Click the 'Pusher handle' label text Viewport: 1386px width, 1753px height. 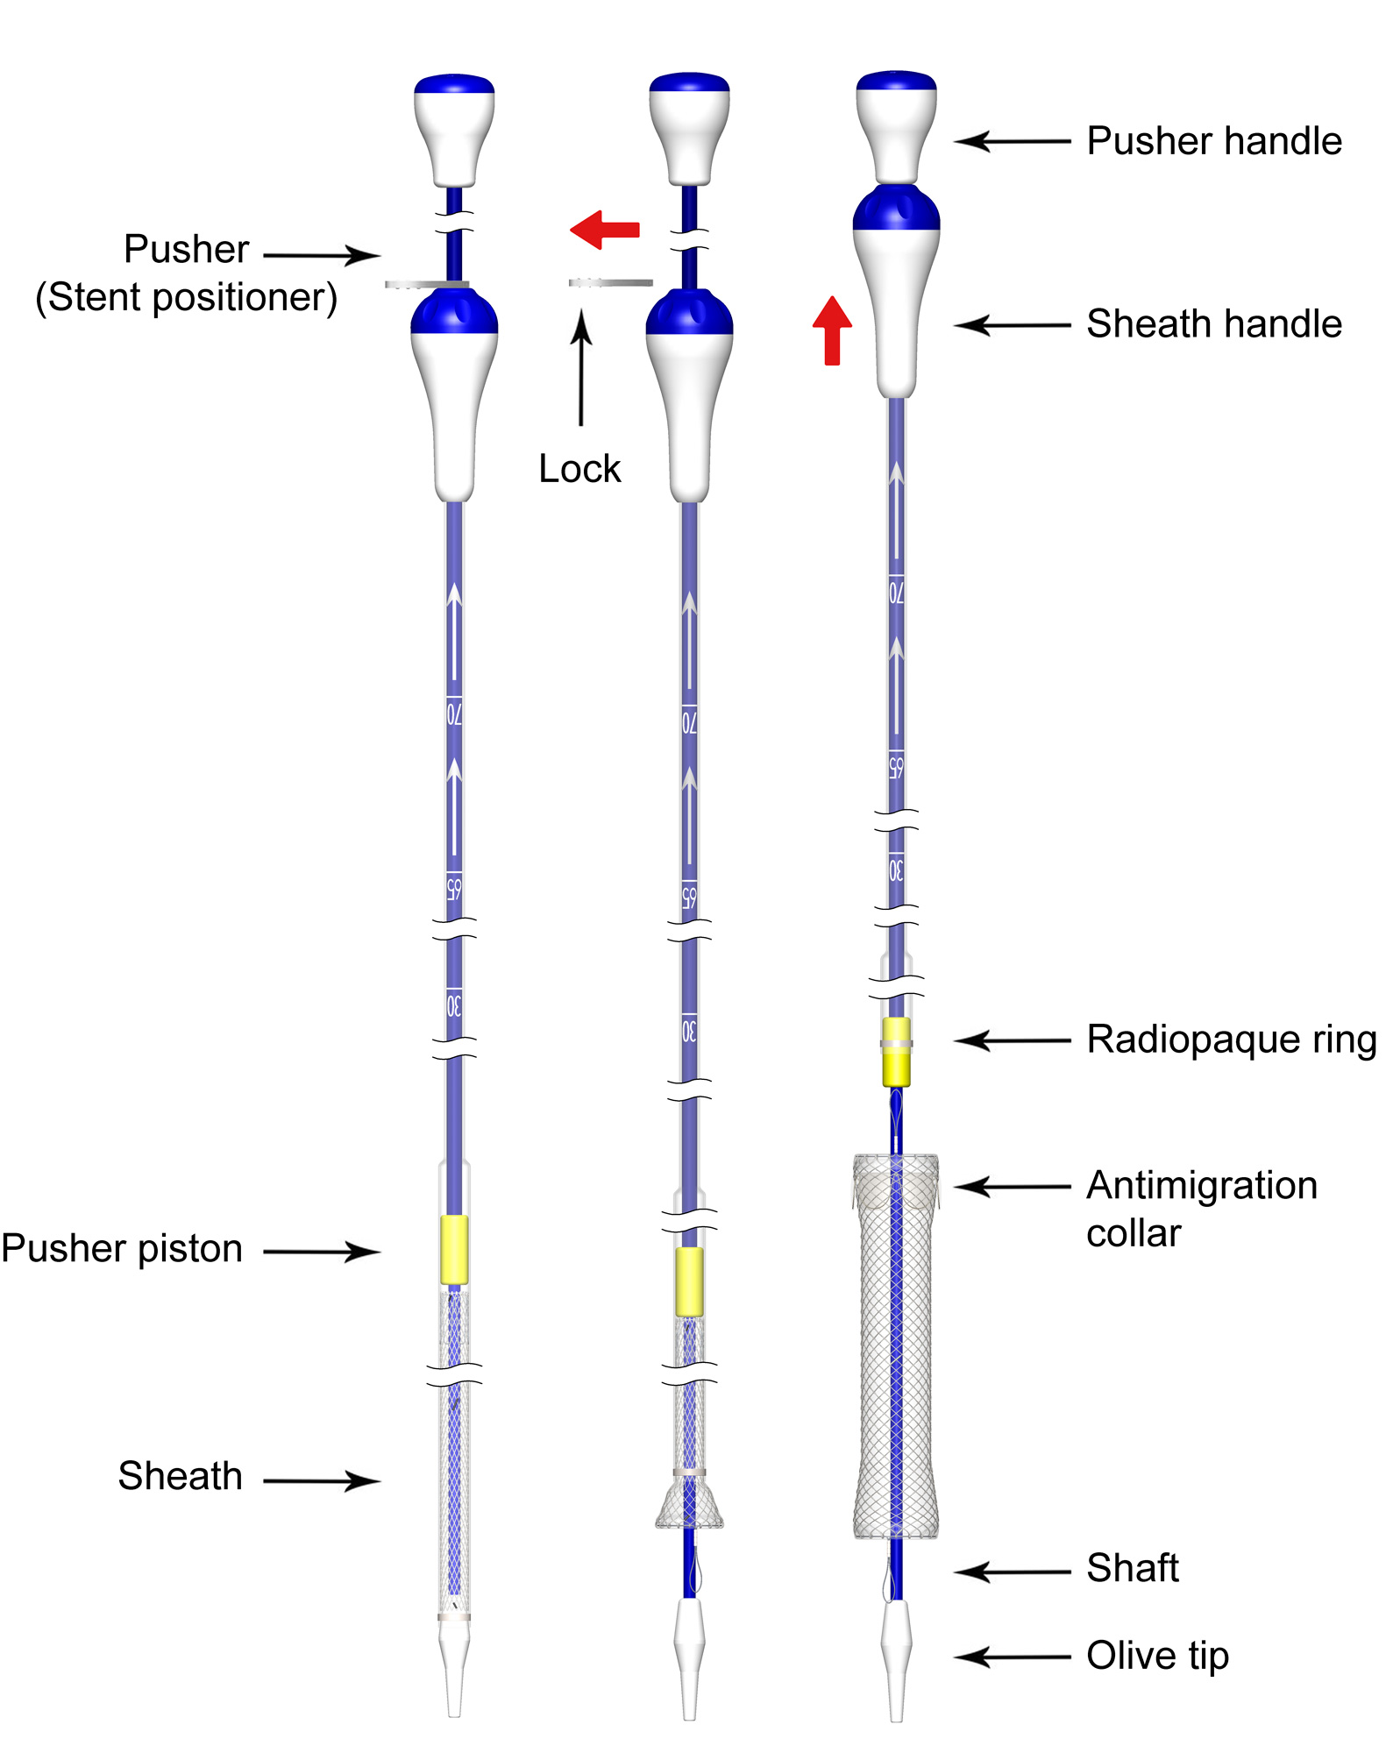tap(1213, 141)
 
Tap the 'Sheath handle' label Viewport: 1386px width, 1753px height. tap(1213, 324)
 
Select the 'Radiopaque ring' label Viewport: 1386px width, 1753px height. tap(1231, 1040)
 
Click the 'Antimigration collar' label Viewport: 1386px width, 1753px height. tap(1201, 1209)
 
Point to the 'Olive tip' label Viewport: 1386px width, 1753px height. tap(1157, 1656)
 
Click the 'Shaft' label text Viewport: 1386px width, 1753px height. tap(1132, 1568)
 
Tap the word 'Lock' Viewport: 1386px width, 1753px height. tap(579, 469)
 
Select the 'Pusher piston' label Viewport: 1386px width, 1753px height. tap(122, 1249)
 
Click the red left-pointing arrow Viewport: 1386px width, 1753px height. tap(605, 230)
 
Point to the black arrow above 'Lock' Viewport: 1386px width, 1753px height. tap(580, 368)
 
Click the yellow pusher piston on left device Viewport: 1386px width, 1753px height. tap(453, 1249)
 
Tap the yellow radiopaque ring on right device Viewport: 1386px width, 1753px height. tap(895, 1051)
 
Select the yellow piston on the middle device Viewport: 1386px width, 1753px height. tap(689, 1281)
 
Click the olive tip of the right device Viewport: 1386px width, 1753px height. tap(895, 1657)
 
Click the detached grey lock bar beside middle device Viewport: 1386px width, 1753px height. tap(610, 282)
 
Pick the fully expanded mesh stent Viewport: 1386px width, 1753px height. tap(895, 1350)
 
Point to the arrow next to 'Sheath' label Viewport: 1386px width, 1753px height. tap(322, 1481)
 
